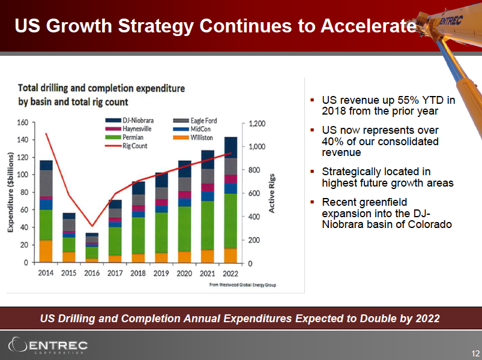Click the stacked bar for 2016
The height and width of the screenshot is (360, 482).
click(92, 248)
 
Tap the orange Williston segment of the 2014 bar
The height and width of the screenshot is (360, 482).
click(46, 251)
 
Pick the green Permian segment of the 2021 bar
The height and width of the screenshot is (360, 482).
click(208, 226)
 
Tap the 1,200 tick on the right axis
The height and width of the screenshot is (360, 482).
click(256, 123)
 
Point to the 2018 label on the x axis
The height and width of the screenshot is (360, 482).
click(139, 273)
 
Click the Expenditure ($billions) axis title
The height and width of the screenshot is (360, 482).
click(10, 192)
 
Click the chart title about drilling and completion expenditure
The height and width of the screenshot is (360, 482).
click(101, 95)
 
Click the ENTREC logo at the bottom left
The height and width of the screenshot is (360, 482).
click(48, 346)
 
